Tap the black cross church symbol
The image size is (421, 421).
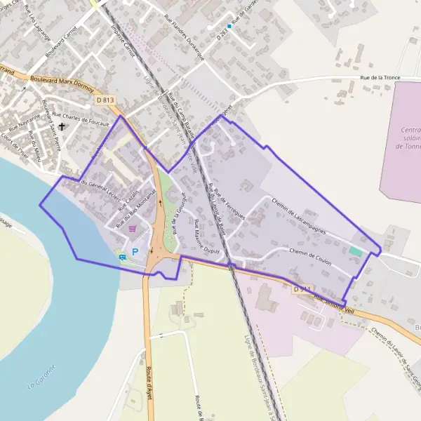[62, 127]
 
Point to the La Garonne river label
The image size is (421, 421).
[41, 385]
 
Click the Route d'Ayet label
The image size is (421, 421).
[149, 382]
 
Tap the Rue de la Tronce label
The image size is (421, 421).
[379, 79]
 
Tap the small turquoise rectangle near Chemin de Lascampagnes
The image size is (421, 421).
[356, 250]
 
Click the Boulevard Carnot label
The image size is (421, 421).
[60, 44]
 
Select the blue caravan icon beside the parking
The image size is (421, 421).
[123, 257]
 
